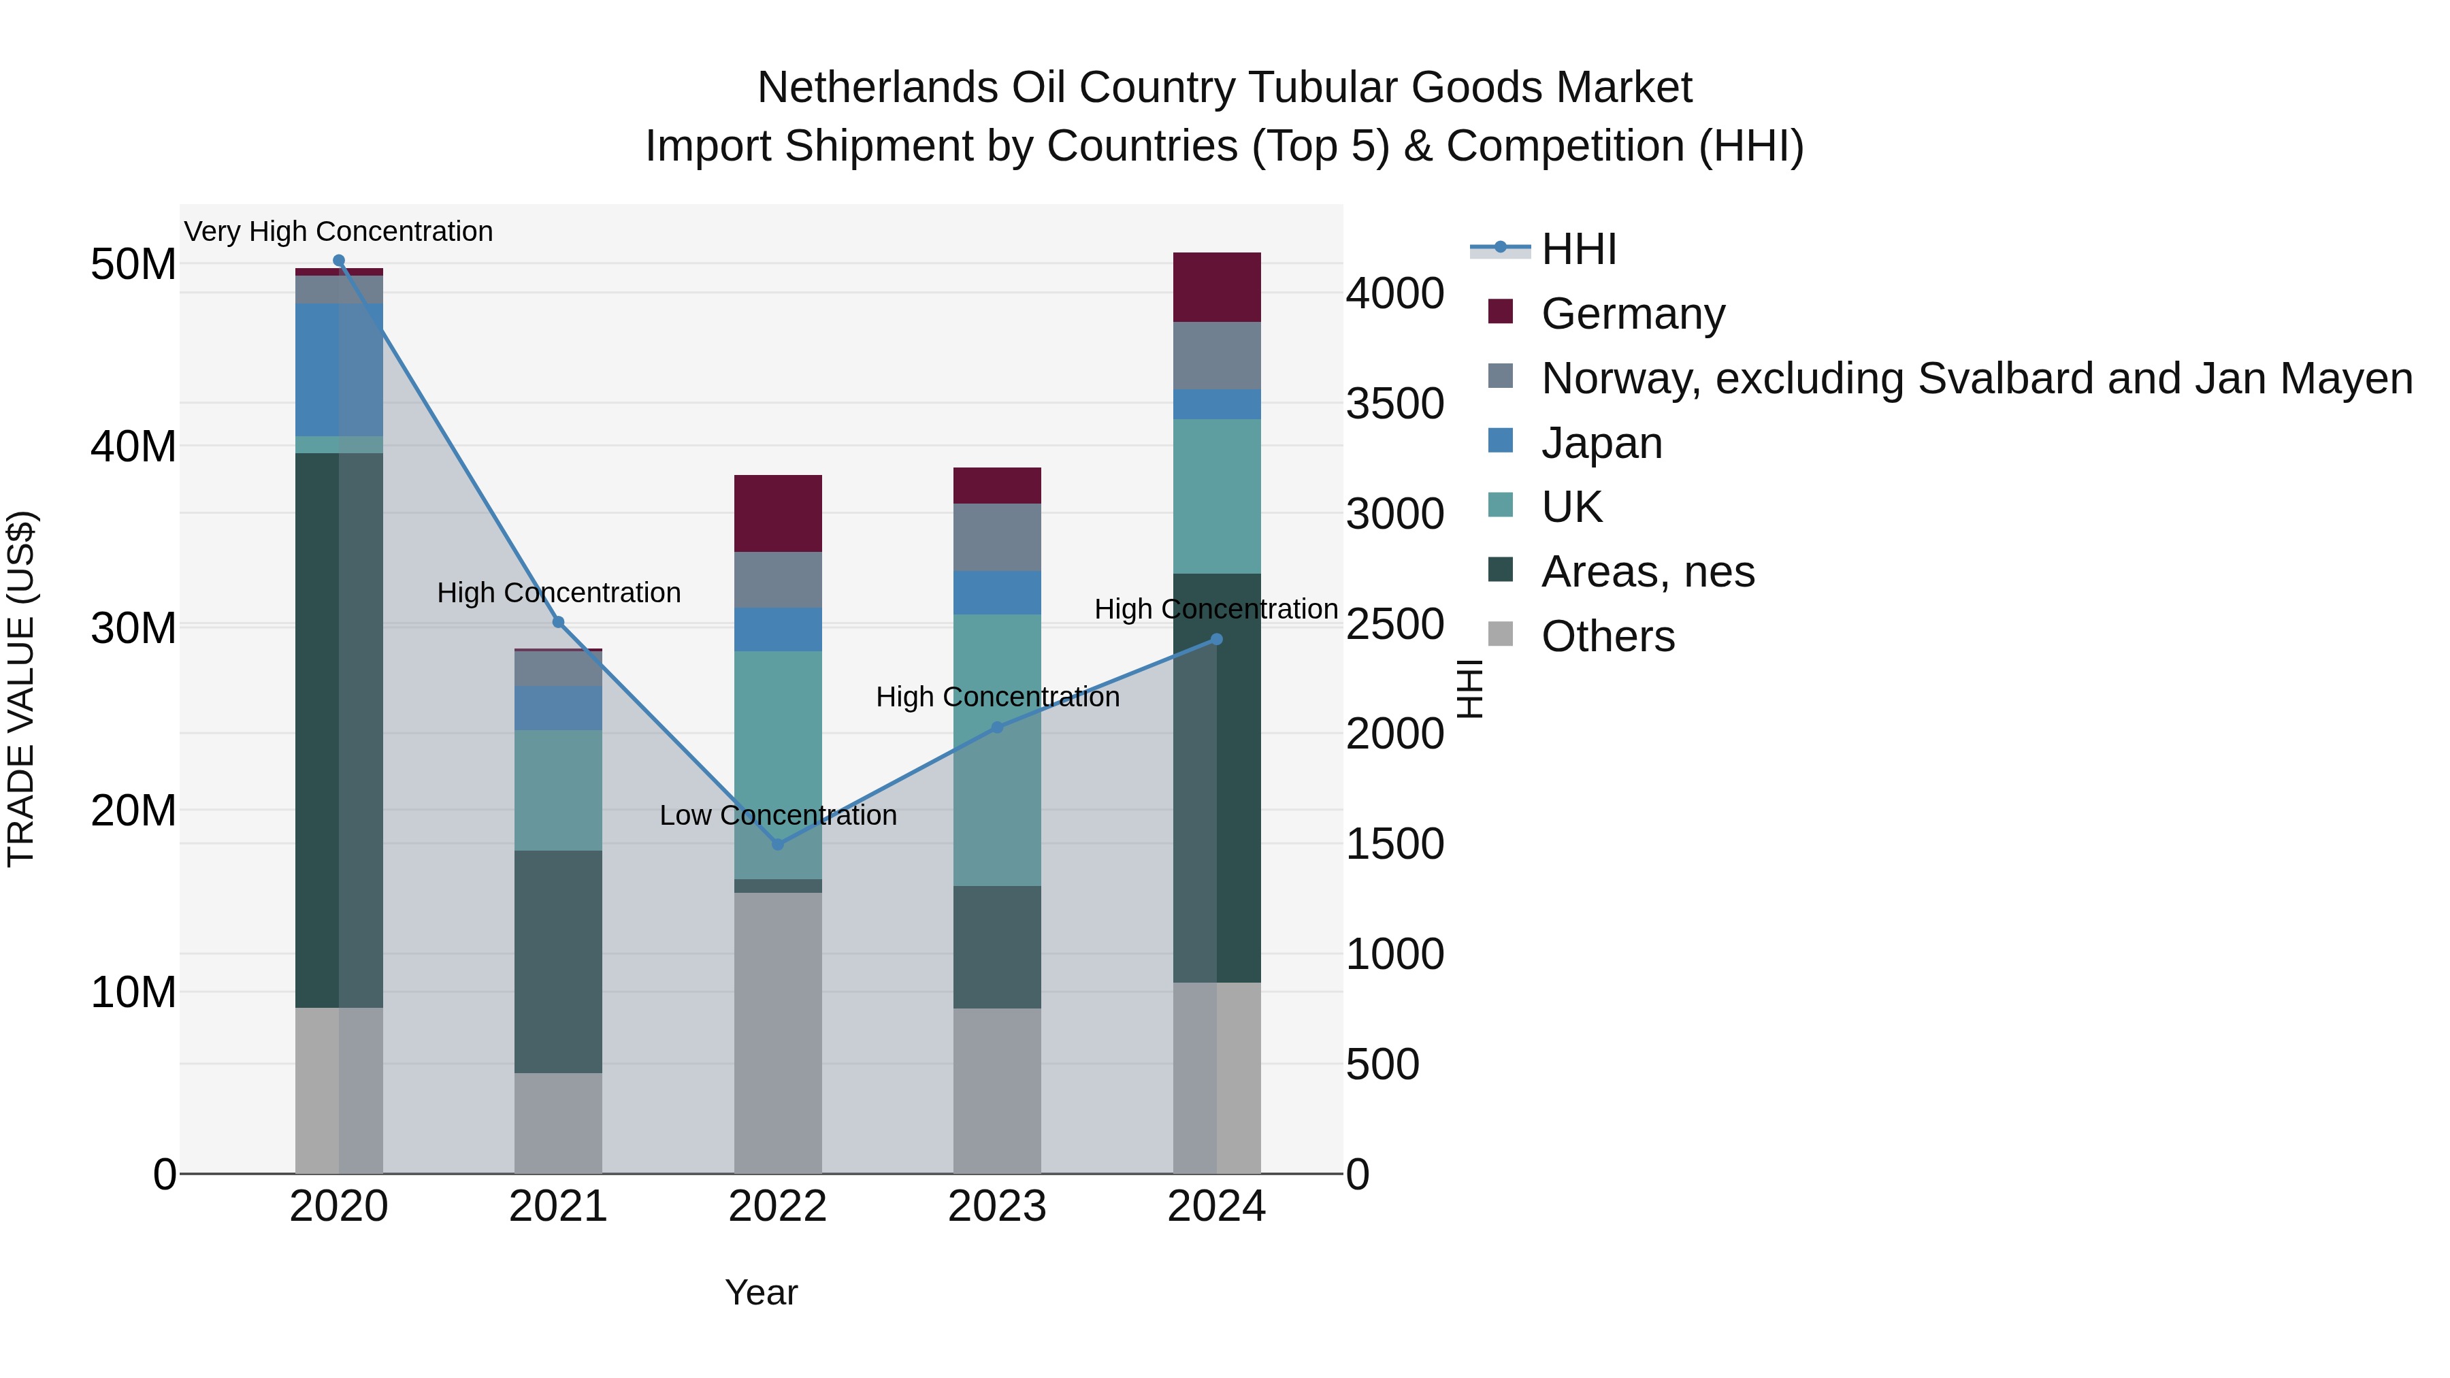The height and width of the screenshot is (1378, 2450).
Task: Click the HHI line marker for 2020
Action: [x=339, y=261]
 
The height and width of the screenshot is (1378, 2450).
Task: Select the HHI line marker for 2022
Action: [x=778, y=844]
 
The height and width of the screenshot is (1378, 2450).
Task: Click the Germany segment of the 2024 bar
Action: [x=1216, y=287]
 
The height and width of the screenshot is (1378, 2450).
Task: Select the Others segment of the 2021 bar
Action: [x=558, y=1122]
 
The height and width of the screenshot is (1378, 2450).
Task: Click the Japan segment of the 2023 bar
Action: [x=997, y=593]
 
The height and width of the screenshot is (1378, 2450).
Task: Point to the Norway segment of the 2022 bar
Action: [x=778, y=580]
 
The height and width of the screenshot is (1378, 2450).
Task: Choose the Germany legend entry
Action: [x=1632, y=314]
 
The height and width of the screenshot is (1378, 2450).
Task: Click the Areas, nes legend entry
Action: [x=1647, y=572]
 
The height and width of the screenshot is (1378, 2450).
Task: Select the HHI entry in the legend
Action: [x=1579, y=249]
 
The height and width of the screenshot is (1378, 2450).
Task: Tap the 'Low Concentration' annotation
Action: [x=778, y=815]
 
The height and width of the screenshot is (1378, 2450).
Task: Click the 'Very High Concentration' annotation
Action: [x=339, y=231]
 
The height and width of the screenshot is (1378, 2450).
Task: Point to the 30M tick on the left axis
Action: [x=133, y=627]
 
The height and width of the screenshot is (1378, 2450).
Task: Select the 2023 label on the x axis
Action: [x=997, y=1207]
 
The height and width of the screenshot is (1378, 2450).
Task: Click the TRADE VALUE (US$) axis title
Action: [x=21, y=689]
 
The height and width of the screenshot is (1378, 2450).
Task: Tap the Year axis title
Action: [x=761, y=1292]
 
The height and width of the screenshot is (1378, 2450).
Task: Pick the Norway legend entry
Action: [x=1976, y=378]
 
